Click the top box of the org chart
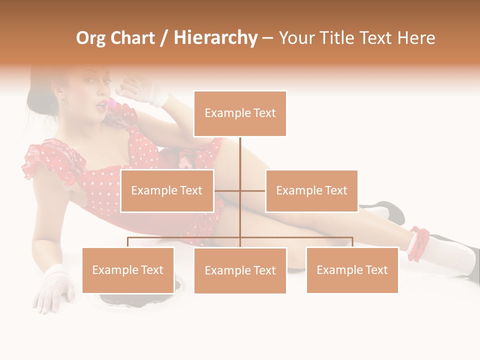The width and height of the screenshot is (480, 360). (240, 113)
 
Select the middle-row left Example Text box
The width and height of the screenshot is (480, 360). (167, 191)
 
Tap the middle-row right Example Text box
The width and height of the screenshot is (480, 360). (311, 191)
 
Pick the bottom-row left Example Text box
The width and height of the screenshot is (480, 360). (128, 270)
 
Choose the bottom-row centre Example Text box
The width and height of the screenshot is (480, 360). (240, 271)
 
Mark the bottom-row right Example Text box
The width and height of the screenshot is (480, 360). (352, 270)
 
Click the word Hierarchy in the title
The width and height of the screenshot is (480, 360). (215, 38)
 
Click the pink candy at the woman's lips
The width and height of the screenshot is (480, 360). (111, 104)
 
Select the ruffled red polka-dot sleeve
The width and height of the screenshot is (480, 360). (47, 160)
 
